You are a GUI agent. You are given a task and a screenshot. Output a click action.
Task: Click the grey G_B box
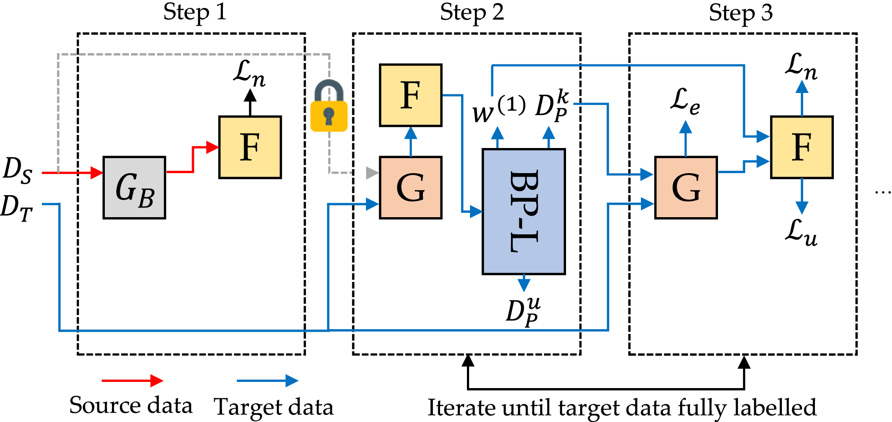point(134,188)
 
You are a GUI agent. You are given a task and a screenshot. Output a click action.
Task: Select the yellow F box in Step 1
point(250,147)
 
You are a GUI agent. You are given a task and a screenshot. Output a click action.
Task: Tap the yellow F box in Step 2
point(411,95)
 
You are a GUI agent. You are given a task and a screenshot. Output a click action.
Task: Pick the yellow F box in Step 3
point(801,147)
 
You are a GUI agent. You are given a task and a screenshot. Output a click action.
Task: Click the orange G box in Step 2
point(411,188)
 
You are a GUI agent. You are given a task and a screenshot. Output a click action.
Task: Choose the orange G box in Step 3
point(686,188)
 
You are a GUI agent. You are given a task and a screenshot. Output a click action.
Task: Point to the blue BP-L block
point(524,211)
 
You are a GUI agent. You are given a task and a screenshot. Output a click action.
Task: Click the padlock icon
point(329,106)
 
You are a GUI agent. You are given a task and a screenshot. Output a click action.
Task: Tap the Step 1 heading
point(195,12)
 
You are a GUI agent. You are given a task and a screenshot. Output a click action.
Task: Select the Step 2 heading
point(472,12)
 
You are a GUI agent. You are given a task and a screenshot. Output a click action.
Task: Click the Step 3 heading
point(740,12)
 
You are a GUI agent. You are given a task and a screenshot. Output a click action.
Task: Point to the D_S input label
point(18,170)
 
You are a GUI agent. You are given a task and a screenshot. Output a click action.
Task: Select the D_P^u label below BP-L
point(523,311)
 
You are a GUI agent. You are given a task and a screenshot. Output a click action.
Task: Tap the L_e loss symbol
point(685,102)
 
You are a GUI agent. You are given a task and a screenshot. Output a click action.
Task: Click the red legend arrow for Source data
point(132,381)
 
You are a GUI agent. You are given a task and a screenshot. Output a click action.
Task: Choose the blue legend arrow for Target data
point(267,381)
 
